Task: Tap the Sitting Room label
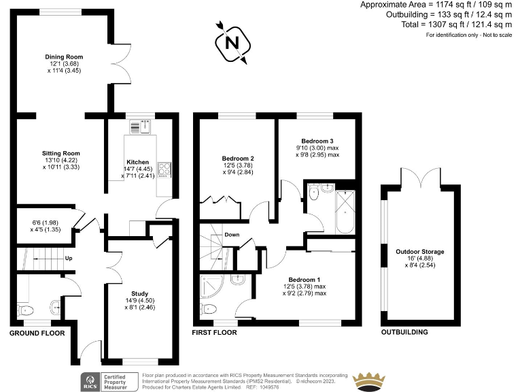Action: [x=61, y=153]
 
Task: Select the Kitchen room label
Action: [x=137, y=163]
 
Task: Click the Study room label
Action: [x=139, y=293]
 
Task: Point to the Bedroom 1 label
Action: [x=304, y=280]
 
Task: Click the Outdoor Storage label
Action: [x=419, y=252]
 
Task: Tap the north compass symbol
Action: [x=232, y=42]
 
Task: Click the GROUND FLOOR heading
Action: [x=37, y=333]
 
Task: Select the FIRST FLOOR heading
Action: [x=214, y=333]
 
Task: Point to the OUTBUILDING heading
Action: [x=404, y=333]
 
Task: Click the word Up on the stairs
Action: [x=69, y=259]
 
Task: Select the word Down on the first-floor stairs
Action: [x=232, y=235]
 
